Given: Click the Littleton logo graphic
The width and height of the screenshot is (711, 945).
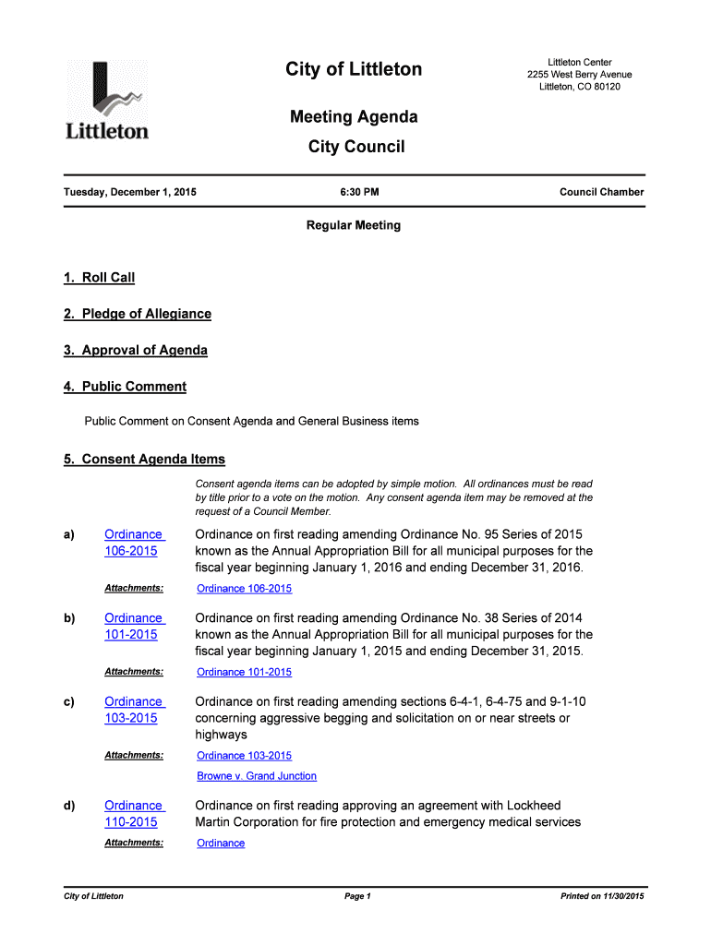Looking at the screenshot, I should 106,100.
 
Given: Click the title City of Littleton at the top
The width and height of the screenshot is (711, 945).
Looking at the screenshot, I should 354,69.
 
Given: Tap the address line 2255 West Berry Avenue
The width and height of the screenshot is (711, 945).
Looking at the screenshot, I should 580,75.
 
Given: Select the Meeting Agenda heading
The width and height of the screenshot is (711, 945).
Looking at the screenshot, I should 354,117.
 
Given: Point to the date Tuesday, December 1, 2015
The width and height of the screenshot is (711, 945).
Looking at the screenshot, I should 129,193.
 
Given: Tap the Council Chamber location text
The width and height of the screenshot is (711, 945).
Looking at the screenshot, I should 601,193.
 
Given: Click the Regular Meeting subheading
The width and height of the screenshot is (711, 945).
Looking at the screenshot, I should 354,225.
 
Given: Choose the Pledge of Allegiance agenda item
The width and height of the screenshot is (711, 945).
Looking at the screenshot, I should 138,314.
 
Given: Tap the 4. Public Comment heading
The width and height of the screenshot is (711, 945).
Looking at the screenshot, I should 125,387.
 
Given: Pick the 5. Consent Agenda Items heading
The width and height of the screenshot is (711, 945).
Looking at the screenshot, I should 144,460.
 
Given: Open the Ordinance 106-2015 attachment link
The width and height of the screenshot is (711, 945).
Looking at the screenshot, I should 244,589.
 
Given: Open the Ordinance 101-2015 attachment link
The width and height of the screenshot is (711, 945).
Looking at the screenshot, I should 244,672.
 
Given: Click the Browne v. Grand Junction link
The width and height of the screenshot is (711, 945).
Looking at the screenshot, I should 257,776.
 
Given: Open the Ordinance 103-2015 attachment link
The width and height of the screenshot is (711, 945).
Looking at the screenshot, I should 244,756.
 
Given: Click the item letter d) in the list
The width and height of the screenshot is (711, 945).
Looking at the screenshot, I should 69,806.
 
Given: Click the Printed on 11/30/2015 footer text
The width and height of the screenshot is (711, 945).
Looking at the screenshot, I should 602,896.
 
